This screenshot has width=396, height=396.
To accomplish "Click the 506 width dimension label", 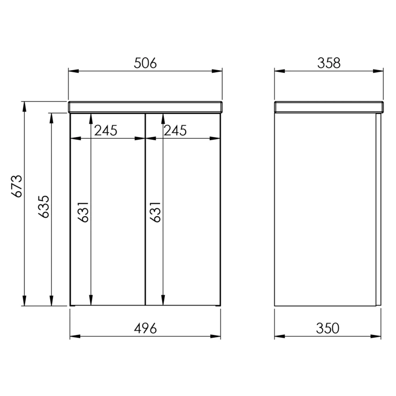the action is coord(145,63).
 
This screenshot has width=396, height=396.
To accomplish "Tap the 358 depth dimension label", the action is coord(329,63).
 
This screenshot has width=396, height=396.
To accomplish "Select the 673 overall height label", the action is coord(17,186).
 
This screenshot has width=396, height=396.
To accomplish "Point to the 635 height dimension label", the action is coord(44,207).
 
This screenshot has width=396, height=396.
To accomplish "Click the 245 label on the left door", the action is coord(106,131).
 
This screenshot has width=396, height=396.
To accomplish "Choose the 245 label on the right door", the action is coord(176,131).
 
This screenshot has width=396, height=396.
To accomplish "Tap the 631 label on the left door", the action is coord(83,212).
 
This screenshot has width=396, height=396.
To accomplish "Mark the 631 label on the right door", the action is coord(155,212).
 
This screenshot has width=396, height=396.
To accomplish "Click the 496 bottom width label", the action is coord(145,329).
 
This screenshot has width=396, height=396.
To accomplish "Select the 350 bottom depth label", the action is coord(328,329).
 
